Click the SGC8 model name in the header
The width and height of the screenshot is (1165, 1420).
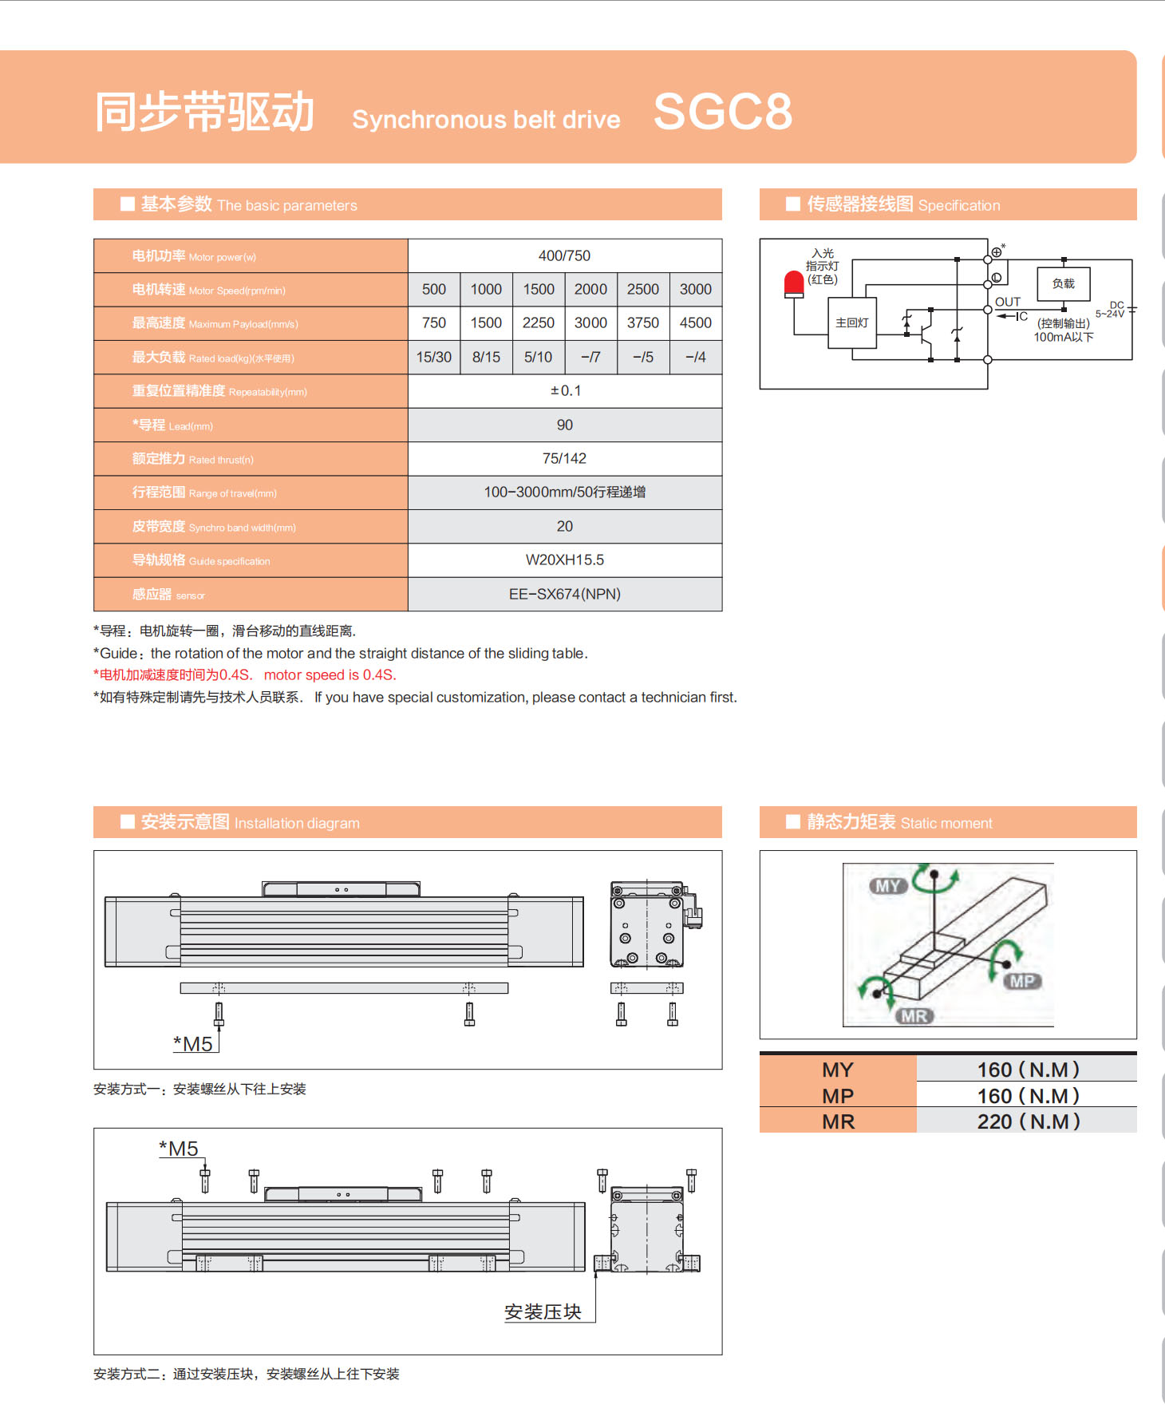pos(722,111)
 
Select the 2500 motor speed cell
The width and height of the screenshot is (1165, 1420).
pos(642,289)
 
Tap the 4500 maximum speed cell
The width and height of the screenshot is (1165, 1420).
pos(695,322)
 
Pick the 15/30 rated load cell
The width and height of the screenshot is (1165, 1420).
pos(433,357)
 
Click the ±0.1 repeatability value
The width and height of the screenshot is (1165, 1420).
pos(565,390)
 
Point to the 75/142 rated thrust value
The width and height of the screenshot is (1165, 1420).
pos(564,458)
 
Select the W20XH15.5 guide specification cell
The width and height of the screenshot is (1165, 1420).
pos(564,560)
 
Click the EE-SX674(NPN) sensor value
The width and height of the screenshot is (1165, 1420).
pos(564,594)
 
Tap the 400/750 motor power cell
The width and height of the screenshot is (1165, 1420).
pos(564,255)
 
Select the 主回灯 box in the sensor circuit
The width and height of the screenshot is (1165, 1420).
pos(851,322)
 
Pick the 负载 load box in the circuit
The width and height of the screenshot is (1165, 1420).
pos(1063,283)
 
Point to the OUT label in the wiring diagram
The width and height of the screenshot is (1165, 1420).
pos(1007,302)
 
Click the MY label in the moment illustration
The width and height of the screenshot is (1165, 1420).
pos(887,886)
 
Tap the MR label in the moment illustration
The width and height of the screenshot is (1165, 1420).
pos(914,1016)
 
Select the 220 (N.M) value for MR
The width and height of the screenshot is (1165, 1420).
pos(1028,1121)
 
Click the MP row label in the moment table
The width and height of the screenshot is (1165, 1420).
pos(838,1096)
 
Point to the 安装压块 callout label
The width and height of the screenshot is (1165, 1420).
pos(543,1311)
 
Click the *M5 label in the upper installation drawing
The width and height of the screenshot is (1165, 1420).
pos(193,1044)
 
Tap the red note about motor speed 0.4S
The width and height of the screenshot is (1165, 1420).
pos(245,674)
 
